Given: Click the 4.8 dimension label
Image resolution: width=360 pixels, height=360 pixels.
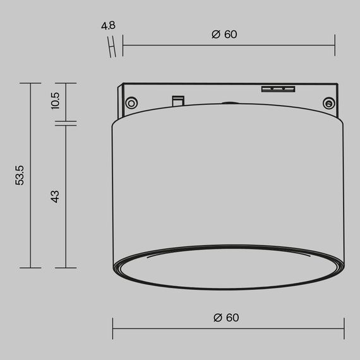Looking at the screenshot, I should [107, 27].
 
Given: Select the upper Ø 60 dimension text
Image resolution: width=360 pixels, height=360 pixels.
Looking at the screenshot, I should [224, 35].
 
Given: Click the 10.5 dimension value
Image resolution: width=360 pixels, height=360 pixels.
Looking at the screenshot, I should [55, 101].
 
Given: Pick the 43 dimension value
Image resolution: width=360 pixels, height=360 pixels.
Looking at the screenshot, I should [55, 196].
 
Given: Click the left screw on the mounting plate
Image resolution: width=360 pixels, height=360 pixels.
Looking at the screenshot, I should [131, 103].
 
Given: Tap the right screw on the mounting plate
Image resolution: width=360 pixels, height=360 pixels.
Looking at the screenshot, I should [328, 103].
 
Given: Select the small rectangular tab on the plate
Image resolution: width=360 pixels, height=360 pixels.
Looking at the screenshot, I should [178, 100].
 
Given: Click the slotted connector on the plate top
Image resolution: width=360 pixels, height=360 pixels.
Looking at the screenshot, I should [278, 88].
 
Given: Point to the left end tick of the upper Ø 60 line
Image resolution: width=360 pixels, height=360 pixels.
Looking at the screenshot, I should [123, 45].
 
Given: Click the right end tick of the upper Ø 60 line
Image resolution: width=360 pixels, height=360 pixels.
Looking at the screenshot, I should [334, 45].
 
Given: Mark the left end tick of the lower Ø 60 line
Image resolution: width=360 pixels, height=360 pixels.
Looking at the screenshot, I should [113, 328].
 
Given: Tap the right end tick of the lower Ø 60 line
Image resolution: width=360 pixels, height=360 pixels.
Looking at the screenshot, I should [344, 328].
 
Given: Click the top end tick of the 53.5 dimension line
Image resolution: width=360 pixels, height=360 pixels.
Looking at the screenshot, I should [30, 83].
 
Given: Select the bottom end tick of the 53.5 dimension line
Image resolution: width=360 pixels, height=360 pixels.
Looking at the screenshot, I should [30, 268].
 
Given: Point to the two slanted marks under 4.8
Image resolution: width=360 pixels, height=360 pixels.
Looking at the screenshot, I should [114, 46].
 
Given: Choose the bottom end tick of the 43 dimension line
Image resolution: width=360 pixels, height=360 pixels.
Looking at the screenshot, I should [66, 268].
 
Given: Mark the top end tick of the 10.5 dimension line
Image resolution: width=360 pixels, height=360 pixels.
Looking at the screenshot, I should [66, 83].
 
